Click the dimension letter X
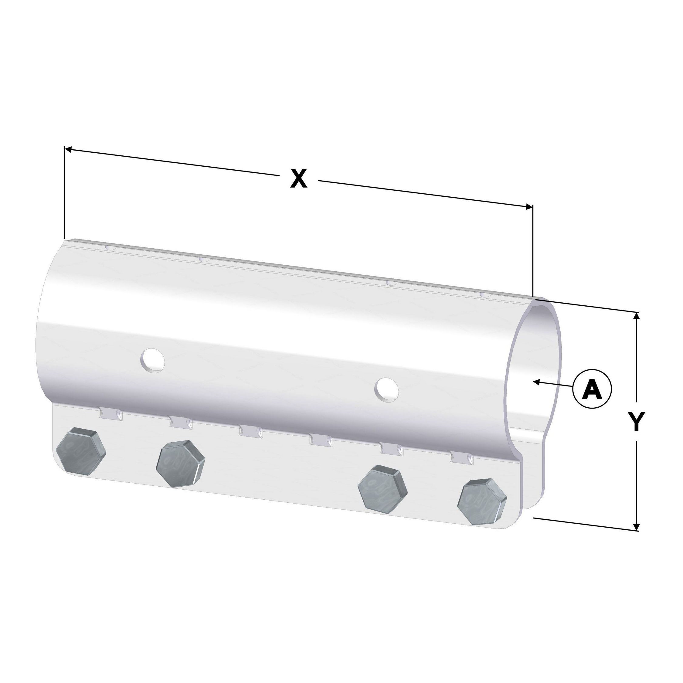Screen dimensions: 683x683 point(299,178)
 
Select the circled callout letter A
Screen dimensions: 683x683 point(592,389)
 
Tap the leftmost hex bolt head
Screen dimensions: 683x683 point(81,451)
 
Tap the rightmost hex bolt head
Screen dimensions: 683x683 point(482,501)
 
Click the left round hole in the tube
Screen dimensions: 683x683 point(153,360)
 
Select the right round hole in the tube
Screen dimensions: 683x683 point(387,389)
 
